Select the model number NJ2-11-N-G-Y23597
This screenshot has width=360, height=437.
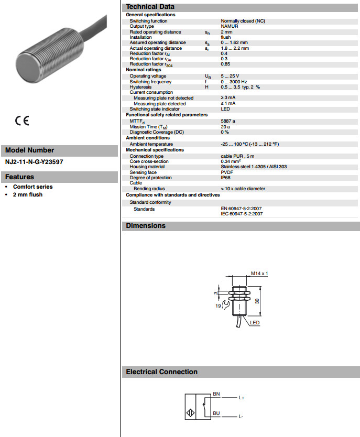pyautogui.click(x=34, y=162)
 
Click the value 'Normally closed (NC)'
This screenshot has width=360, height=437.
pyautogui.click(x=242, y=21)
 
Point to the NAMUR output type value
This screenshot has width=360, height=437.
pyautogui.click(x=230, y=26)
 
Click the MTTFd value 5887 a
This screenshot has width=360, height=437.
pyautogui.click(x=228, y=122)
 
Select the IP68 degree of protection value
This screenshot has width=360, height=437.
pyautogui.click(x=226, y=178)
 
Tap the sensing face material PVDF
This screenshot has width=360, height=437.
pyautogui.click(x=227, y=172)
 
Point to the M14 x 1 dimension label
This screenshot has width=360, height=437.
pyautogui.click(x=259, y=274)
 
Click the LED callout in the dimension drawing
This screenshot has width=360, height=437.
pyautogui.click(x=255, y=323)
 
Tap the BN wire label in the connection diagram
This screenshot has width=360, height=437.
pyautogui.click(x=216, y=394)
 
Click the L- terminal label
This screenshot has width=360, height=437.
pyautogui.click(x=241, y=417)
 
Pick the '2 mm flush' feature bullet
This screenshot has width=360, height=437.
pyautogui.click(x=28, y=195)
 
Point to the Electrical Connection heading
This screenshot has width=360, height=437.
pyautogui.click(x=161, y=372)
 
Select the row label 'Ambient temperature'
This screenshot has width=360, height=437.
pyautogui.click(x=151, y=144)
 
